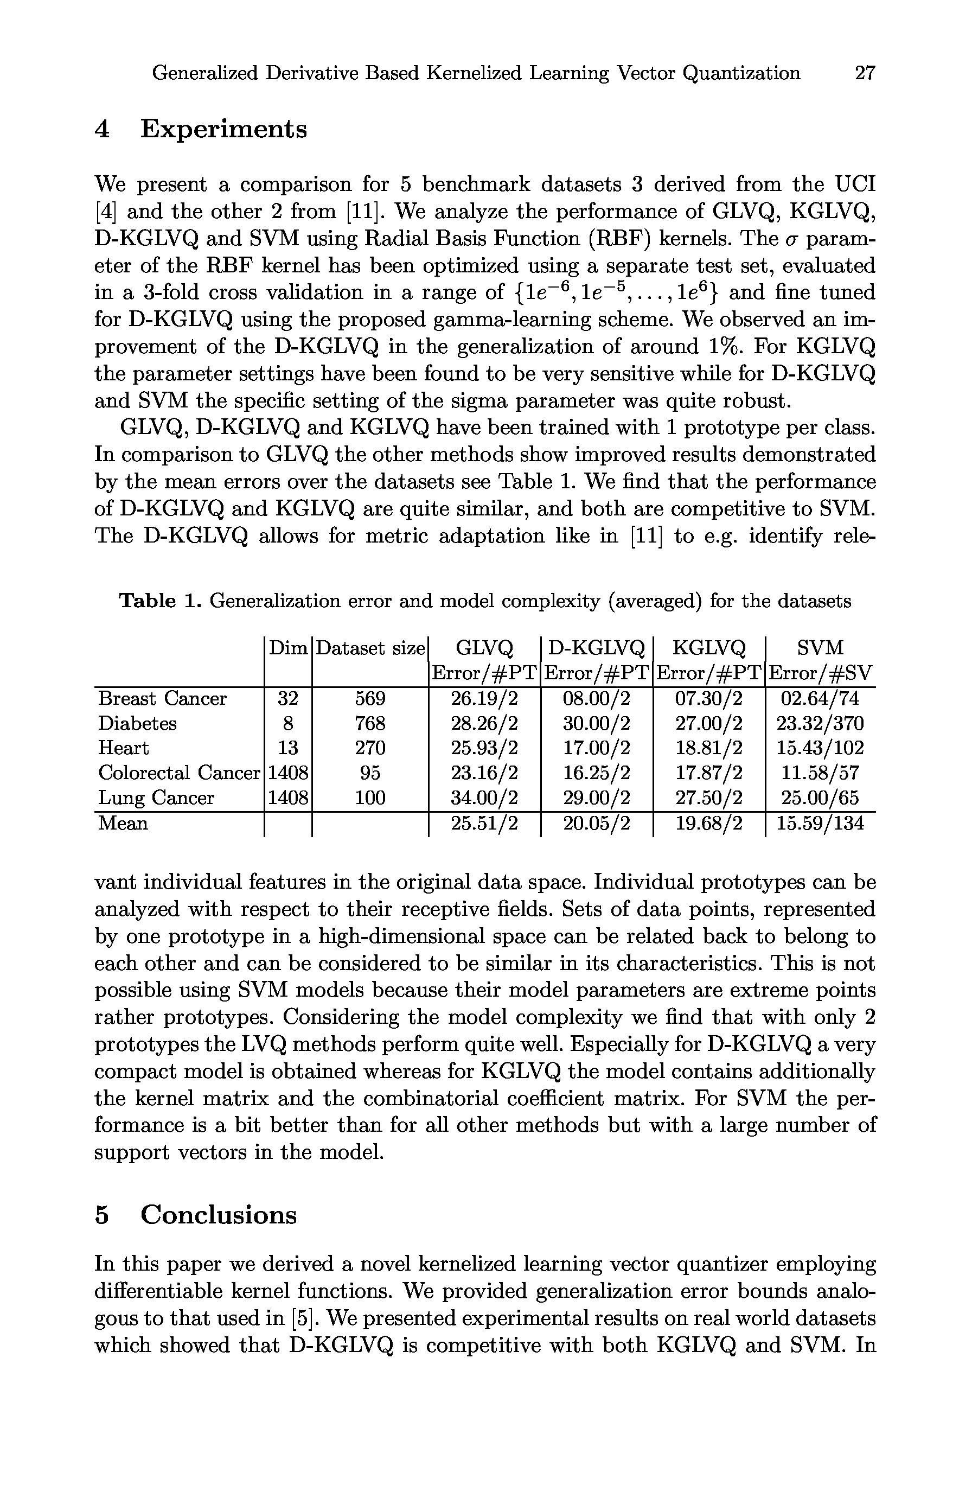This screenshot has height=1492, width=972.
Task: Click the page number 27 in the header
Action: point(865,73)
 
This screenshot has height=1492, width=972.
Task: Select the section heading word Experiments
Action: point(223,129)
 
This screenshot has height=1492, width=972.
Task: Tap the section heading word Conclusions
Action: point(218,1215)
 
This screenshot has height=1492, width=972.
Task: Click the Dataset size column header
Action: point(370,648)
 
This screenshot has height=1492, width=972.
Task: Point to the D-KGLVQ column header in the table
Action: point(596,648)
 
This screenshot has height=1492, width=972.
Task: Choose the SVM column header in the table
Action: point(820,648)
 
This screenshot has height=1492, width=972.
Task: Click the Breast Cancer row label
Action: point(162,698)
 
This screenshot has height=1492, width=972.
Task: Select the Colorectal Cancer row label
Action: point(178,773)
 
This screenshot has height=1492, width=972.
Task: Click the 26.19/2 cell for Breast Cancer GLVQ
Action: point(484,698)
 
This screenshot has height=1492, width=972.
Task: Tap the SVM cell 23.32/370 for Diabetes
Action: point(820,723)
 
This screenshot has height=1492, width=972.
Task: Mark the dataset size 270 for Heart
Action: point(370,748)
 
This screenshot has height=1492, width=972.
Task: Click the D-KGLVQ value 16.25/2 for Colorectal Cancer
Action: point(597,773)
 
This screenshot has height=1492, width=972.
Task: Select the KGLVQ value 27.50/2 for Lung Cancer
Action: point(709,798)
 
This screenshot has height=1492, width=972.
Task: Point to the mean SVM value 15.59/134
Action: point(820,822)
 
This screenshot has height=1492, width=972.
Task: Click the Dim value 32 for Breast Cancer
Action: point(287,698)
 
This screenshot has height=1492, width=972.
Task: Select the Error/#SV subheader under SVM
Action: point(820,673)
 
